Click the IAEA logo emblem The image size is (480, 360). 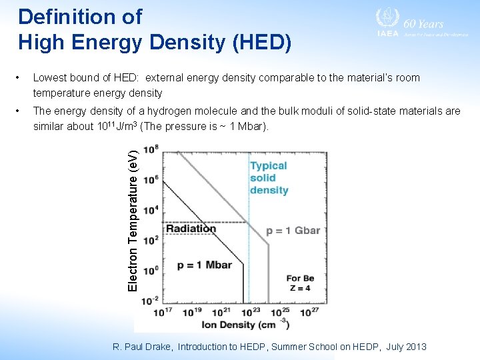pyautogui.click(x=387, y=19)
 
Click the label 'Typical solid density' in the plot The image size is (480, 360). pyautogui.click(x=269, y=177)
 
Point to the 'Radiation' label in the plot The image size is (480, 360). pyautogui.click(x=191, y=228)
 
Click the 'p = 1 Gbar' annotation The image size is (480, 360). pyautogui.click(x=293, y=231)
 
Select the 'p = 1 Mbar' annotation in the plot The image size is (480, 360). pyautogui.click(x=204, y=265)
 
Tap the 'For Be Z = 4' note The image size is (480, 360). pyautogui.click(x=300, y=283)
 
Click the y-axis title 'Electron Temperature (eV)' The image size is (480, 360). pyautogui.click(x=133, y=220)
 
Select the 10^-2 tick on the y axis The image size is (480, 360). pyautogui.click(x=150, y=301)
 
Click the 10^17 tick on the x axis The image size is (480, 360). pyautogui.click(x=163, y=312)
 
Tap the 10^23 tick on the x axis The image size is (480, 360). pyautogui.click(x=251, y=312)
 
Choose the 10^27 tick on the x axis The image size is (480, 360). pyautogui.click(x=310, y=312)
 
